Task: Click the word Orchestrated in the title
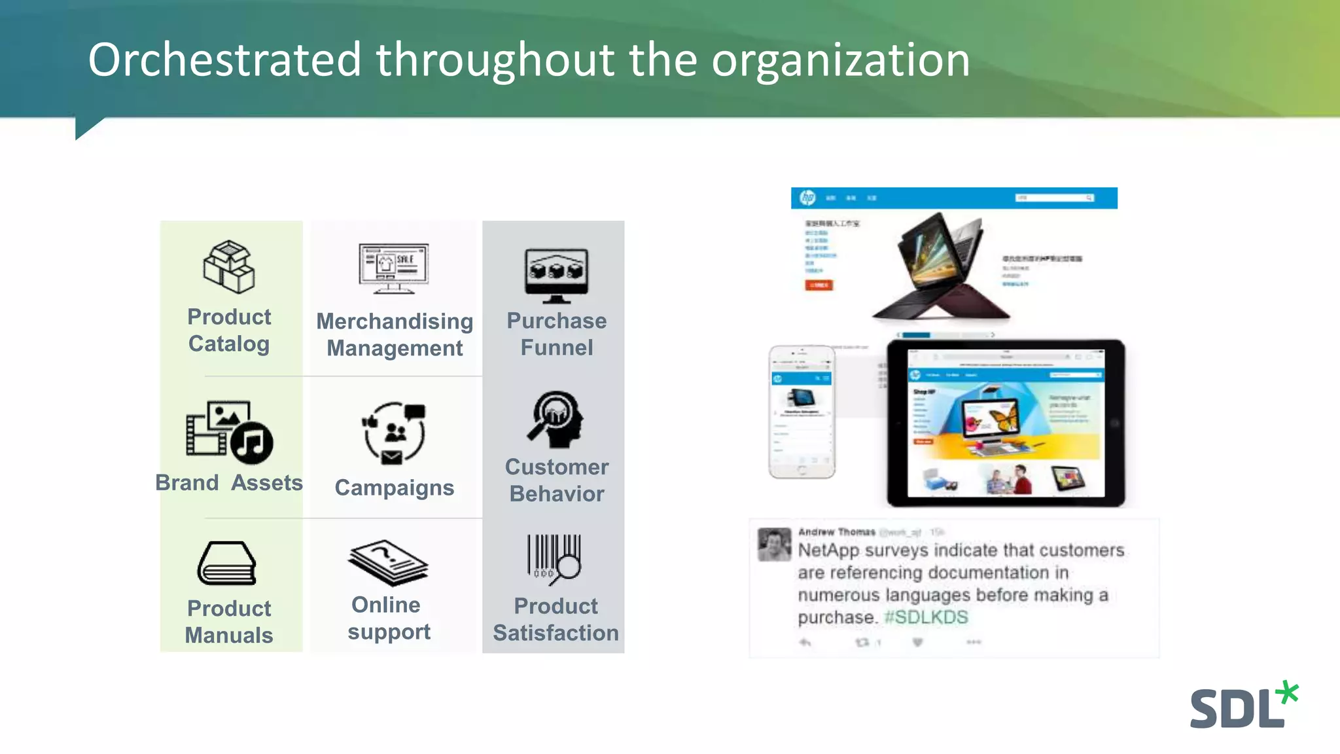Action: [224, 60]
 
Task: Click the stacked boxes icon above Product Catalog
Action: [228, 266]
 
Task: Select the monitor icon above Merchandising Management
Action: [393, 268]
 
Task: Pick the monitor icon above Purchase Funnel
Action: [556, 275]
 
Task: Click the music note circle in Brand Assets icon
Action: [251, 442]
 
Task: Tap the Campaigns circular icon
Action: [394, 433]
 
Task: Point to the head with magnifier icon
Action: [556, 420]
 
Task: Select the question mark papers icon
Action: [388, 562]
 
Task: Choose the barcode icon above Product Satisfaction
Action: [555, 558]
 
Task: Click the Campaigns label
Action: [394, 488]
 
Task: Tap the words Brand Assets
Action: [229, 483]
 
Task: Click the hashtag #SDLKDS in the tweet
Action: [926, 617]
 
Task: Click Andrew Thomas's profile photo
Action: [774, 544]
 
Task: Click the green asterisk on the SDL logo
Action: [1288, 692]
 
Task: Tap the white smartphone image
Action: [802, 412]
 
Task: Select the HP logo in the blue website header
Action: [808, 198]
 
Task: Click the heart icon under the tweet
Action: [917, 643]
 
